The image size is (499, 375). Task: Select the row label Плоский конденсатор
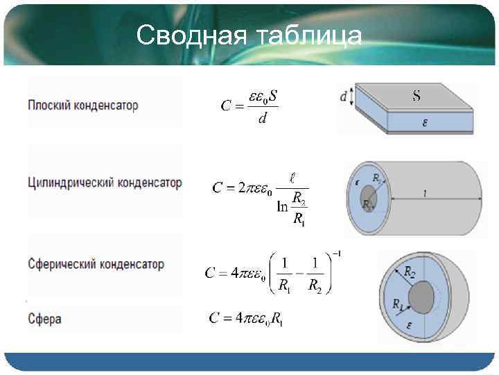(82, 106)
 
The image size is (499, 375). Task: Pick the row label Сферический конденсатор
(96, 264)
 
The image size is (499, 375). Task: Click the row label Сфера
(45, 319)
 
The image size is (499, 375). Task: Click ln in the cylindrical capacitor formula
(283, 206)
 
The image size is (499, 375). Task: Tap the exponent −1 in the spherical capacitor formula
(337, 254)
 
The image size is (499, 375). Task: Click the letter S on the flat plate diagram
(416, 96)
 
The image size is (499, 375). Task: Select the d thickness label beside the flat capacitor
(344, 98)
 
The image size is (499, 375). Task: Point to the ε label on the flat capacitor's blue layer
(425, 124)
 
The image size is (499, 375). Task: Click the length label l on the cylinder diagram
(424, 194)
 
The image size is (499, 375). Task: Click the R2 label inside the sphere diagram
(411, 272)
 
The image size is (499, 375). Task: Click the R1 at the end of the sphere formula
(277, 319)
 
